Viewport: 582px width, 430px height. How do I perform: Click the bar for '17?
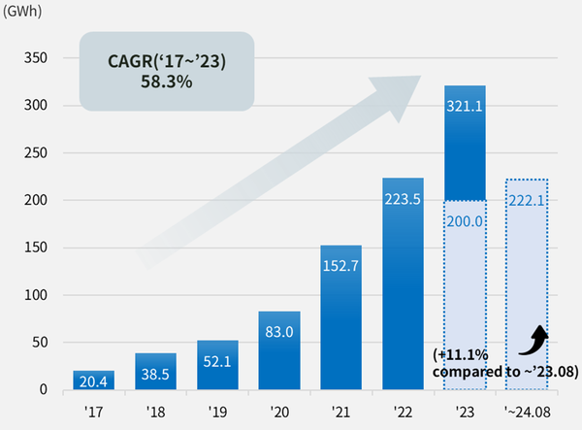93,380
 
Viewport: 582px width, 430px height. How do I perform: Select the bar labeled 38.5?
155,372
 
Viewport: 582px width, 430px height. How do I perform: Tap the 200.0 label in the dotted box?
464,221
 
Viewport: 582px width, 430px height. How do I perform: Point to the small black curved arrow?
535,341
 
